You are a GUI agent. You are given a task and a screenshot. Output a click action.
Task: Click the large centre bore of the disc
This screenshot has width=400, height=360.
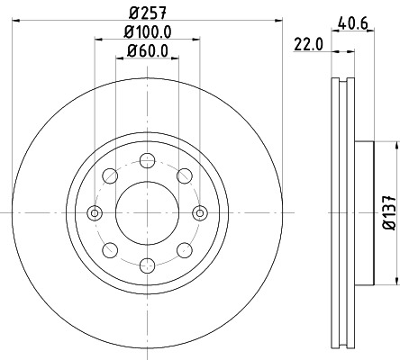tap(147, 212)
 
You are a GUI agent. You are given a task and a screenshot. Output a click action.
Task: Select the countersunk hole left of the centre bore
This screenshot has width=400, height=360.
tap(95, 213)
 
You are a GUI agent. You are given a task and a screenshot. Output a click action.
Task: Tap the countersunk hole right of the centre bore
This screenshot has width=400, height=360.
tap(200, 213)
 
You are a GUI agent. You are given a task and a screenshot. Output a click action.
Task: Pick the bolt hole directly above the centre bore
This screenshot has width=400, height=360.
tap(147, 160)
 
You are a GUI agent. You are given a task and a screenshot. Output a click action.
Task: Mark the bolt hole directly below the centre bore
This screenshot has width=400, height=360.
tap(147, 265)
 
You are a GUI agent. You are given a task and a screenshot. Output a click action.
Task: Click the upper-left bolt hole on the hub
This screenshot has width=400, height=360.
tap(110, 176)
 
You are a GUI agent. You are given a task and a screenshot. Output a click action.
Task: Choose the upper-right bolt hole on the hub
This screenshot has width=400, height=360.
tap(184, 176)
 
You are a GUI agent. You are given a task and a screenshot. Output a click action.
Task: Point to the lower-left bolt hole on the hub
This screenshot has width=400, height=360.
tap(110, 249)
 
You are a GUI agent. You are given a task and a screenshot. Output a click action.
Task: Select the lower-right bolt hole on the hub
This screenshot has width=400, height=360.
tap(184, 249)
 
